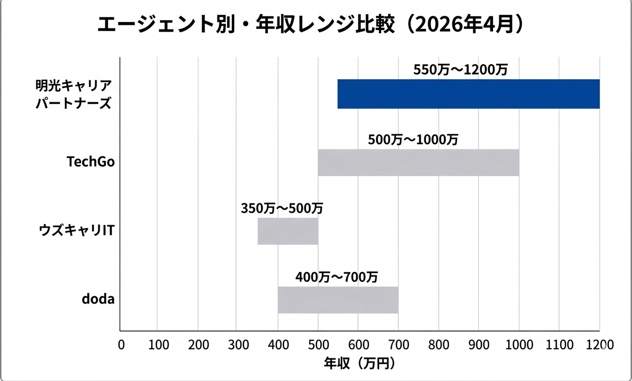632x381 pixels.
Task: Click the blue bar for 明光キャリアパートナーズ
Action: click(468, 94)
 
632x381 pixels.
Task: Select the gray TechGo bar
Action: click(418, 162)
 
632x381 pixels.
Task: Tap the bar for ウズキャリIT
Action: click(288, 231)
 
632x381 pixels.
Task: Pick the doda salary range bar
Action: click(338, 300)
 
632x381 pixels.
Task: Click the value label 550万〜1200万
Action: click(460, 70)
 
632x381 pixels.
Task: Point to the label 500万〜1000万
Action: click(413, 140)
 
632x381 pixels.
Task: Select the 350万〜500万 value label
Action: click(282, 208)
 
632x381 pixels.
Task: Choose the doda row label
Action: click(98, 300)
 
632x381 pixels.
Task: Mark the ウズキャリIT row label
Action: click(77, 231)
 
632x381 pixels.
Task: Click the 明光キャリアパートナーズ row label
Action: click(73, 94)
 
